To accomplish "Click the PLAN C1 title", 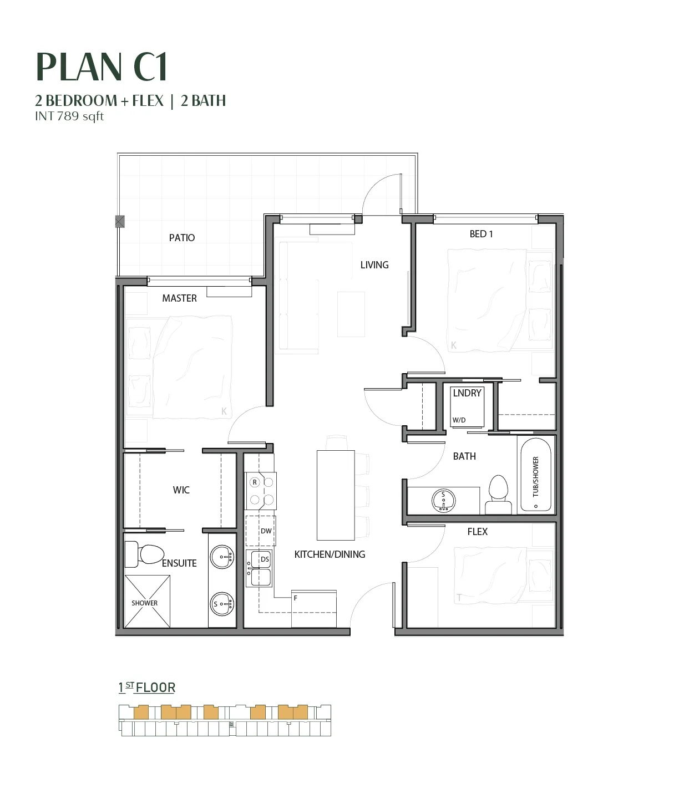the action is tap(102, 67).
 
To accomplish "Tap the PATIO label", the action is tap(182, 238).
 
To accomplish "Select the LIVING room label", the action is tap(374, 265).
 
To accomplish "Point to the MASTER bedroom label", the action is tap(180, 298).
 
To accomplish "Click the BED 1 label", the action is tap(481, 234).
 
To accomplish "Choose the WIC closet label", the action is tap(181, 490).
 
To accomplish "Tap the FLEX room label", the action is tap(478, 531).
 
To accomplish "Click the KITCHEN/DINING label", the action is tap(330, 554).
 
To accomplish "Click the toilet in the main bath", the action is tap(498, 495).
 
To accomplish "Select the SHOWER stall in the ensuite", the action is tap(148, 601).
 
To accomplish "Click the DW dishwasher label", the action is tap(266, 531).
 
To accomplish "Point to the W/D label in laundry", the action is tap(459, 420).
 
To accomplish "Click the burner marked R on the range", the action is tap(255, 482).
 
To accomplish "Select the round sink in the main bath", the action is tap(443, 501).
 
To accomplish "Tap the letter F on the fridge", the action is tap(296, 598).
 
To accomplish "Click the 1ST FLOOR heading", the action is tap(147, 688).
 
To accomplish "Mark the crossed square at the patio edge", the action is tap(120, 221).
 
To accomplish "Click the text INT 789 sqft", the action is tap(69, 116).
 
